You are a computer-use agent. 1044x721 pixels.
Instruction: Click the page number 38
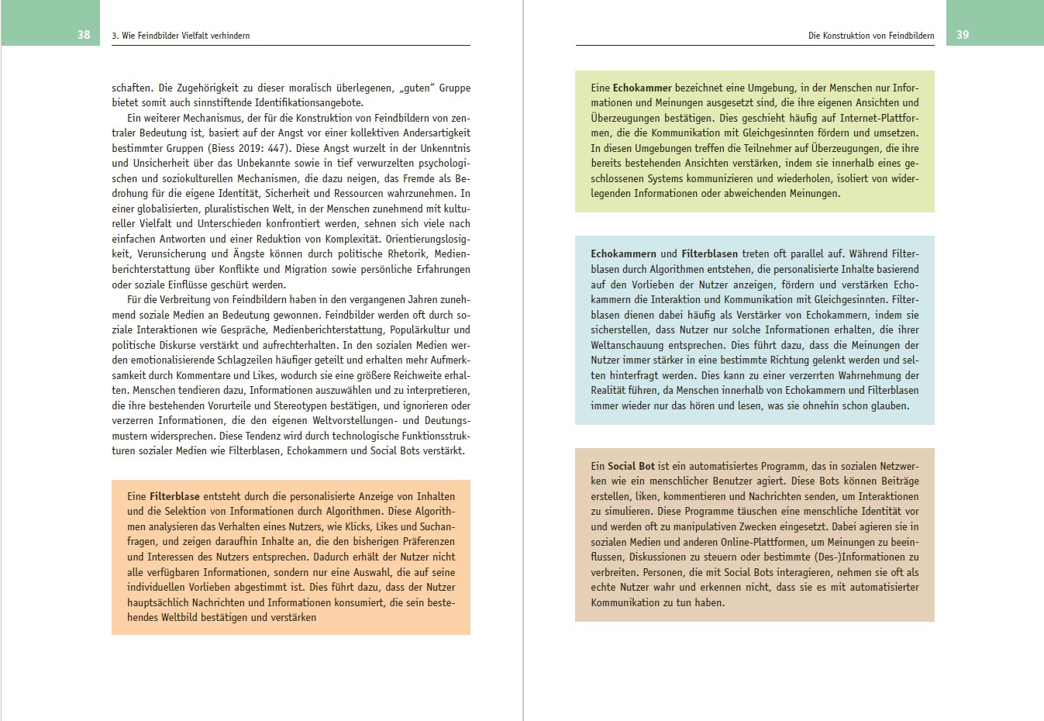click(x=84, y=35)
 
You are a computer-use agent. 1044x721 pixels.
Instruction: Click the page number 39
click(x=963, y=35)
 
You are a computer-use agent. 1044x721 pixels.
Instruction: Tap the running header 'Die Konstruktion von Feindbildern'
click(x=871, y=36)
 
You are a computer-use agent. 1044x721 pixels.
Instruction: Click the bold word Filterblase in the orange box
click(x=174, y=496)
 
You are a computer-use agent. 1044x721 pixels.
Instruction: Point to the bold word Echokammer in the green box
click(x=642, y=88)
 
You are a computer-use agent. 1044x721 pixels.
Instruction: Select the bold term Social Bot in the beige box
click(x=631, y=466)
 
